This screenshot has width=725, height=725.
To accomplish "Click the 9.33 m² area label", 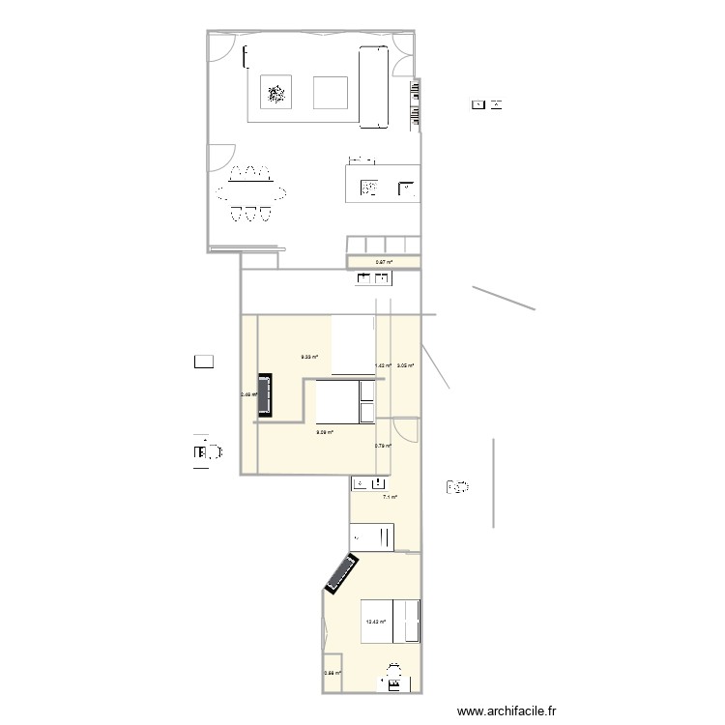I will click(x=309, y=357).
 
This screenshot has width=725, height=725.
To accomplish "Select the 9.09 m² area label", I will click(x=324, y=432).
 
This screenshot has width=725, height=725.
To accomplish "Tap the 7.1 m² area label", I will click(x=390, y=497).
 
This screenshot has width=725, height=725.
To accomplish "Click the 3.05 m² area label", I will click(x=405, y=365).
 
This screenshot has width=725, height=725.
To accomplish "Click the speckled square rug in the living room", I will click(x=276, y=94).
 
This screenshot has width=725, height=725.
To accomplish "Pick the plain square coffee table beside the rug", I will click(x=332, y=94).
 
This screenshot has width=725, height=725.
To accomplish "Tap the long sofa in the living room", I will click(x=373, y=86).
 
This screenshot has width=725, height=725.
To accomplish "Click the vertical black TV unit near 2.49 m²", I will click(x=262, y=396).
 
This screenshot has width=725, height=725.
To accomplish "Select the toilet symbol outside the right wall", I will click(x=457, y=487).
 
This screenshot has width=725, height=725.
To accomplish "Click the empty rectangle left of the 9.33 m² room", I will click(x=203, y=363).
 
